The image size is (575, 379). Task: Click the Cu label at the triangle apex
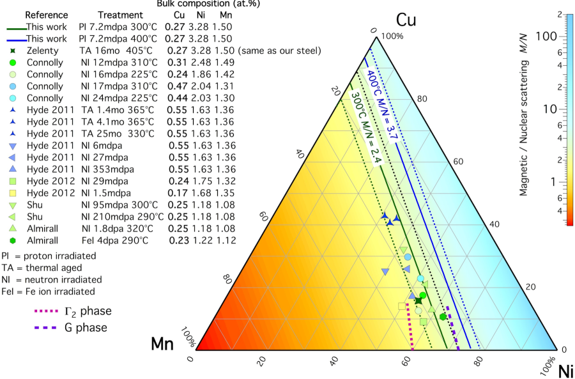[x=405, y=20]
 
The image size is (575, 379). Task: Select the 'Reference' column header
[x=46, y=15]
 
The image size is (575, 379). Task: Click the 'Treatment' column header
[x=119, y=15]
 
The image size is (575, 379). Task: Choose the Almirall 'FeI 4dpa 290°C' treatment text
[x=114, y=240]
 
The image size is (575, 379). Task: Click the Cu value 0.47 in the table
[x=172, y=86]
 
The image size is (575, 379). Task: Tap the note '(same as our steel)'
[x=279, y=50]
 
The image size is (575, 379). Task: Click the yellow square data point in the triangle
[x=402, y=306]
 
